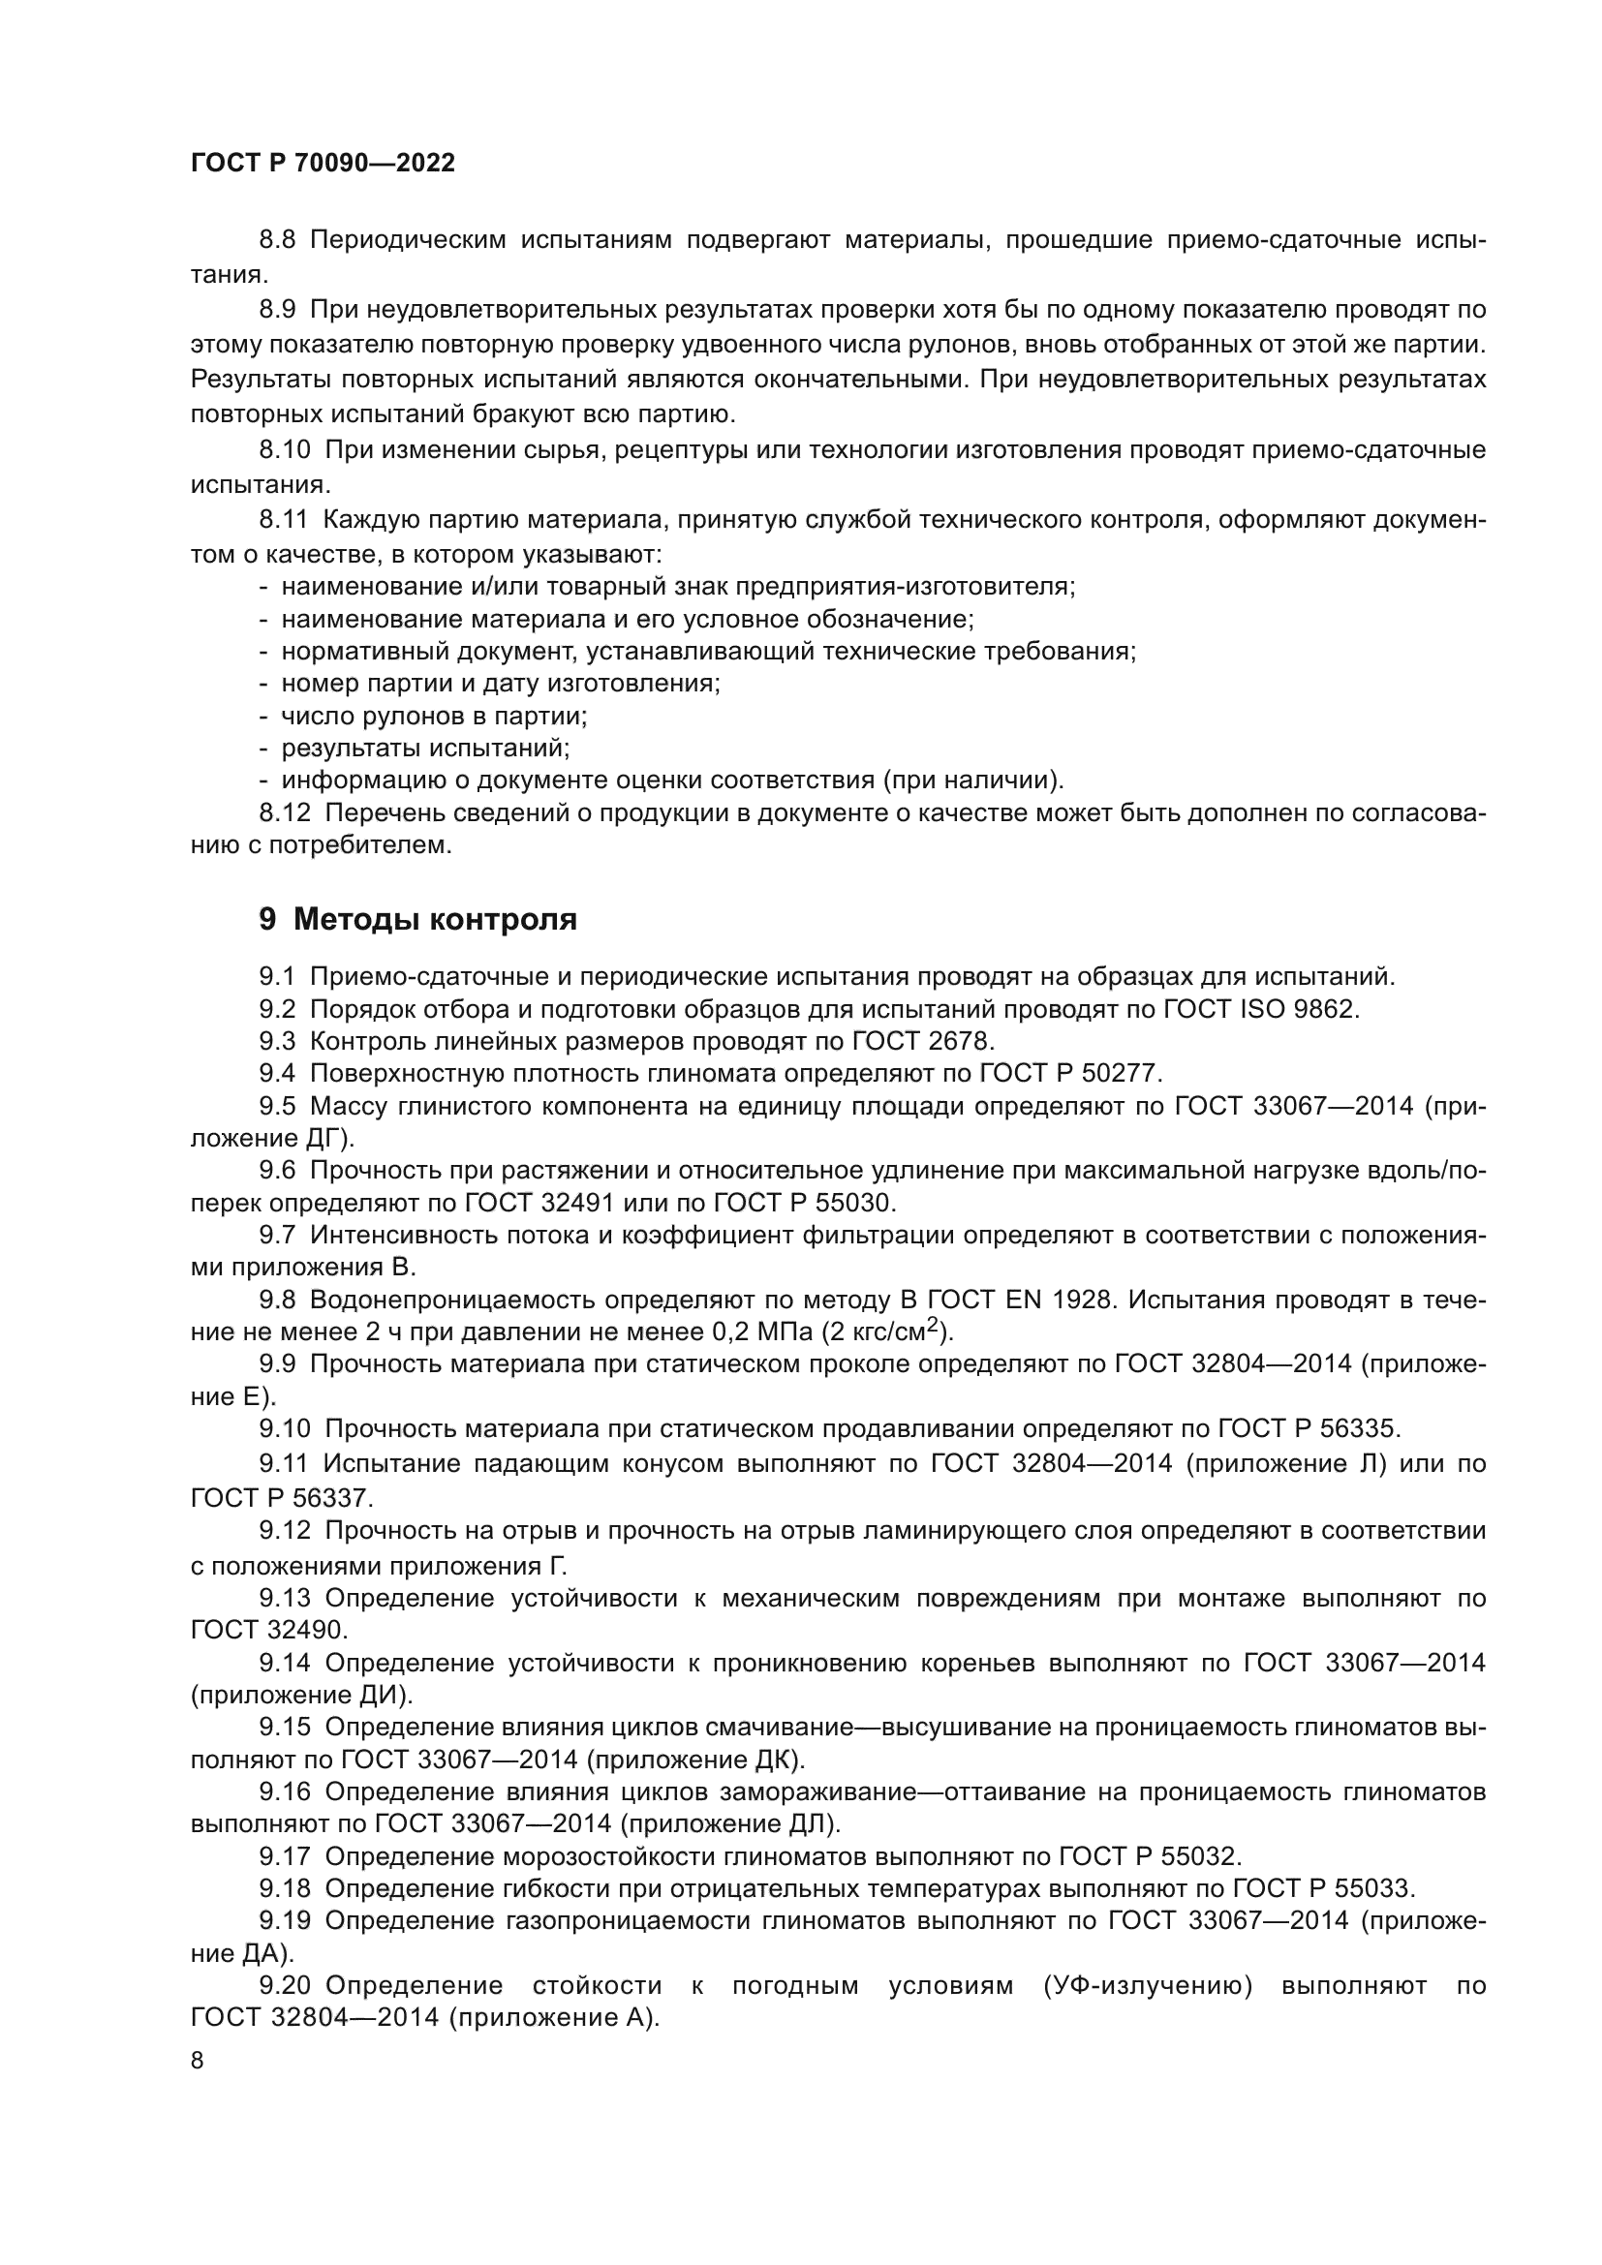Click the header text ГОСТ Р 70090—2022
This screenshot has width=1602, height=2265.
click(323, 164)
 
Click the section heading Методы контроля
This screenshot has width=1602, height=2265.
click(435, 919)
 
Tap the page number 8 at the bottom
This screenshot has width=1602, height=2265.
click(198, 2061)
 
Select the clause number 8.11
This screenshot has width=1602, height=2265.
click(283, 520)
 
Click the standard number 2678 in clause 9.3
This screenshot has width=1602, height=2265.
click(962, 1042)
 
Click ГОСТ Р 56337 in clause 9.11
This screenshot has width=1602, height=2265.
click(281, 1498)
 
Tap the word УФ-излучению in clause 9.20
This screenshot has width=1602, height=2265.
click(1147, 1986)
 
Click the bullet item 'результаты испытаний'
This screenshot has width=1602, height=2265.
click(425, 748)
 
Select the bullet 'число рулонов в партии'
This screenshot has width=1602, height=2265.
click(434, 716)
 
